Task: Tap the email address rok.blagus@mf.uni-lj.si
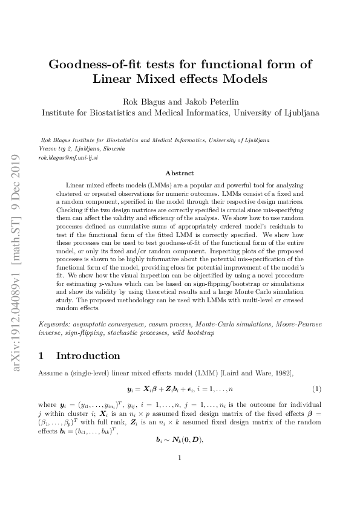pyautogui.click(x=68, y=157)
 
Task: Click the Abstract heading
pyautogui.click(x=180, y=173)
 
